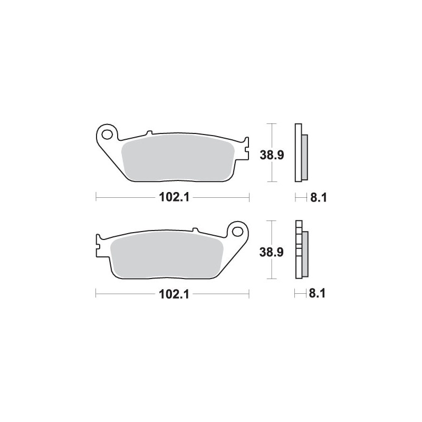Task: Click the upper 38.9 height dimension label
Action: coord(272,155)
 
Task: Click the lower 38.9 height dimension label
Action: coord(272,252)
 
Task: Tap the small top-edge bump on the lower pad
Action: coord(195,230)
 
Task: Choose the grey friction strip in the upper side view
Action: coord(304,157)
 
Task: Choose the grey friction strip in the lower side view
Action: coord(304,253)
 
